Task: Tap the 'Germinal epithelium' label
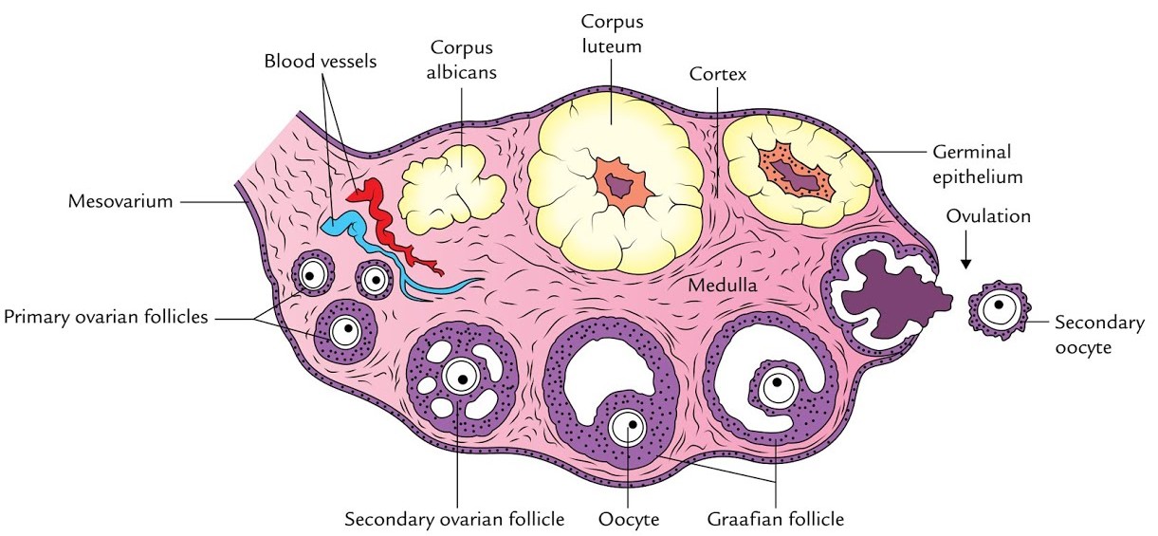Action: coord(971,162)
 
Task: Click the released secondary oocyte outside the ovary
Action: coord(998,308)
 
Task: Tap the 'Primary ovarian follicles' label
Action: coord(105,317)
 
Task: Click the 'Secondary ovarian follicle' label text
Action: coord(454,519)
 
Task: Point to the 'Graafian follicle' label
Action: coord(775,519)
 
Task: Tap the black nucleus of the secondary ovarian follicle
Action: coord(461,379)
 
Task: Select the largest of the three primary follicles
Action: coord(346,331)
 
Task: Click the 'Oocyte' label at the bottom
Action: coord(629,519)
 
